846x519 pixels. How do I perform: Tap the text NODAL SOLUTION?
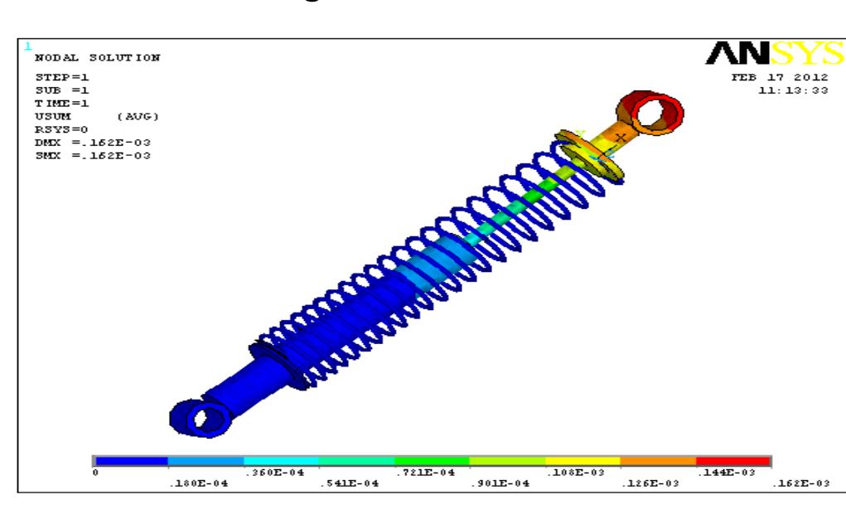pyautogui.click(x=97, y=58)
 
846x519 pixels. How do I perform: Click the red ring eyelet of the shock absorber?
pyautogui.click(x=650, y=114)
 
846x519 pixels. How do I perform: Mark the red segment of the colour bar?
pyautogui.click(x=733, y=460)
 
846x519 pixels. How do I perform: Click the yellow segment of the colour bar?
pyautogui.click(x=583, y=460)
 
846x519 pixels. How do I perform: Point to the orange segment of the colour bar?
pyautogui.click(x=658, y=460)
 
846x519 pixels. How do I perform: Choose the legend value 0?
pyautogui.click(x=96, y=472)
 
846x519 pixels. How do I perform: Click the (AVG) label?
pyautogui.click(x=136, y=116)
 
